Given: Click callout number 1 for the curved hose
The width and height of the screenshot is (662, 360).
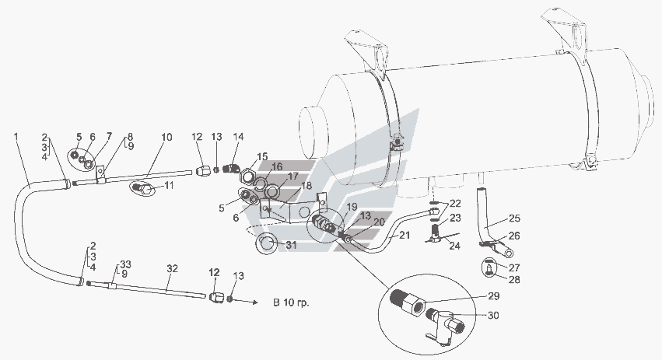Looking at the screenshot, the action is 16,137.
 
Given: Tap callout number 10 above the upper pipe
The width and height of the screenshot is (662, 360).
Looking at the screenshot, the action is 166,137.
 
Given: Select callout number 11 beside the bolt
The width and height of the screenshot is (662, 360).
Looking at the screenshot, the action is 169,185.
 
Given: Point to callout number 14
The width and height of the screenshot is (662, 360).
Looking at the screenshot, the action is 239,137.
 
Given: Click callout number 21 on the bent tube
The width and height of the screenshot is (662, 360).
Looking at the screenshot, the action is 405,235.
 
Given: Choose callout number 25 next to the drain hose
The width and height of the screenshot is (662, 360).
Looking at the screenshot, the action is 515,218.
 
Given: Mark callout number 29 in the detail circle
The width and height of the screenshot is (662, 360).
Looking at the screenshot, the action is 493,296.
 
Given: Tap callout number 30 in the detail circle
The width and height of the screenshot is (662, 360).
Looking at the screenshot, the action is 493,315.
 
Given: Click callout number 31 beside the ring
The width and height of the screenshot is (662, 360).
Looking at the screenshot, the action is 292,245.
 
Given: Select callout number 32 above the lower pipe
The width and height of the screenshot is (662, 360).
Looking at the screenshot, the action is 172,268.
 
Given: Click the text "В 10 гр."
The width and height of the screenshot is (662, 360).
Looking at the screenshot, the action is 291,302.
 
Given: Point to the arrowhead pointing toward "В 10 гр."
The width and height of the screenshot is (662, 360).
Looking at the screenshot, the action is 255,302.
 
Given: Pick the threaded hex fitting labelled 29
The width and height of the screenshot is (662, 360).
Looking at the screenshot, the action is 407,302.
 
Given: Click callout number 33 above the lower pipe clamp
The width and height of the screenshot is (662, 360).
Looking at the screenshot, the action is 125,264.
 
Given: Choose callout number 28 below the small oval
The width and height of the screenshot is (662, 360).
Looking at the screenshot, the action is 514,279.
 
